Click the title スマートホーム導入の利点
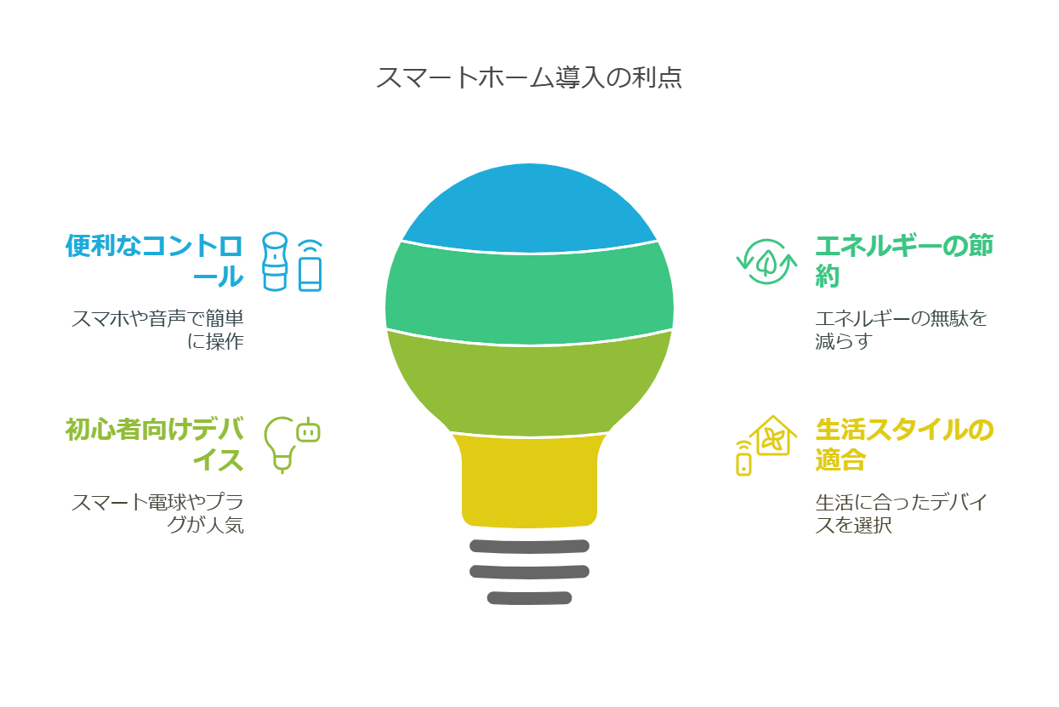click(x=529, y=77)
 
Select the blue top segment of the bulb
click(x=529, y=208)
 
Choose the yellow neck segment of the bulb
click(x=529, y=480)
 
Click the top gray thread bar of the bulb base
click(x=529, y=546)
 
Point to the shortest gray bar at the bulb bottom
click(x=529, y=598)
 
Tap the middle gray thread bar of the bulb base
click(x=529, y=572)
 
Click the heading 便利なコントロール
click(x=155, y=260)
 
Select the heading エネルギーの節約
click(x=904, y=260)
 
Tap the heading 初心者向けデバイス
click(x=155, y=444)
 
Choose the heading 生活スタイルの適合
click(x=904, y=444)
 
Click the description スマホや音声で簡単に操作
click(x=158, y=329)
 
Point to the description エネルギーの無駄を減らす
click(x=901, y=329)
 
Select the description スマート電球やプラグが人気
click(x=158, y=513)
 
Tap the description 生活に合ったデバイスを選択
click(x=901, y=513)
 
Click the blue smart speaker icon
click(x=275, y=261)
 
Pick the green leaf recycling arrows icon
click(x=766, y=261)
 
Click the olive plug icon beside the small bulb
click(x=308, y=430)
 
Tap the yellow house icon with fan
click(x=773, y=436)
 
